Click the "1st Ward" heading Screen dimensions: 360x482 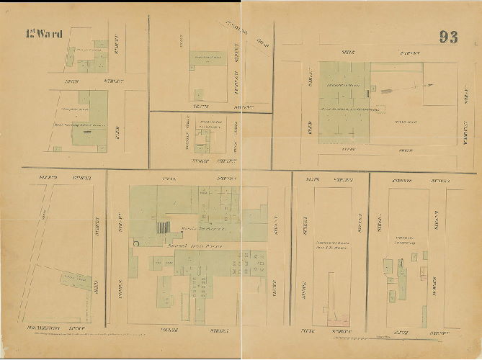(44, 34)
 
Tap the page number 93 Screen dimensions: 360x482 (448, 37)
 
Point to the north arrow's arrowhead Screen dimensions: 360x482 (432, 84)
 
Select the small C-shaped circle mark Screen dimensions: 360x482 (135, 244)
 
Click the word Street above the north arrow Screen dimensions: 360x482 (410, 54)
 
